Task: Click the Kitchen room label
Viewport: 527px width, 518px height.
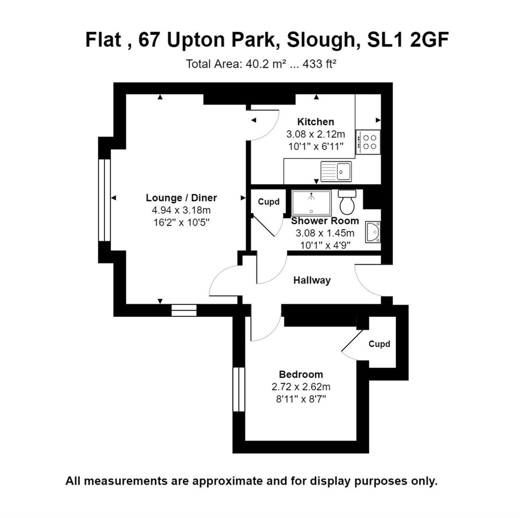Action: click(315, 121)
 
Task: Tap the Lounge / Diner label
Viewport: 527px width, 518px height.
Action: click(181, 198)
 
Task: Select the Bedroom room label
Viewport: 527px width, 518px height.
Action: click(301, 374)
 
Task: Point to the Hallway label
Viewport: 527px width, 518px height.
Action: click(312, 280)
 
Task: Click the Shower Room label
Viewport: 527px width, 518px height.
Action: click(325, 221)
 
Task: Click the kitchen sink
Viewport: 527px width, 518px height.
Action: click(336, 171)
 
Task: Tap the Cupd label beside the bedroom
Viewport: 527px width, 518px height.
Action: click(379, 344)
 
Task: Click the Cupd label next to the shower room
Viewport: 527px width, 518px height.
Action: click(269, 202)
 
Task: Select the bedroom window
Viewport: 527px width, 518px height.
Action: click(238, 389)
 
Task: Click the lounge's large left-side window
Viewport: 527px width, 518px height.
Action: click(104, 200)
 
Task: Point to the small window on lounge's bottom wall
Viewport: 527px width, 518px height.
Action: click(184, 310)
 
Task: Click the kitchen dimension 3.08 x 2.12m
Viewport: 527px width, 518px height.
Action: click(315, 134)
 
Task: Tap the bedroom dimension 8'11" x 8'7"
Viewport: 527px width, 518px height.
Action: click(301, 399)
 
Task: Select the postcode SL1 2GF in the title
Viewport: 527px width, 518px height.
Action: click(408, 40)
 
